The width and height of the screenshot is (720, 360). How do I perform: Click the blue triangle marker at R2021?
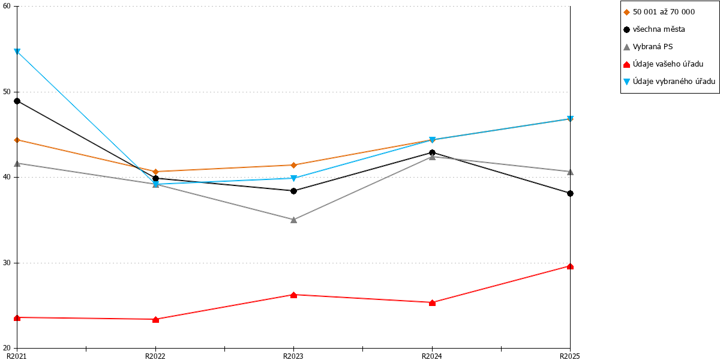click(17, 52)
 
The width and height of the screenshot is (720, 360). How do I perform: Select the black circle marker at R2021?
click(17, 101)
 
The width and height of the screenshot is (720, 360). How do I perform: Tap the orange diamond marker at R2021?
click(17, 140)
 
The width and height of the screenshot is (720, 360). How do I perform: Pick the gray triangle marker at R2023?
click(293, 220)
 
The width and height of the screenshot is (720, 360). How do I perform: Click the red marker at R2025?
click(570, 266)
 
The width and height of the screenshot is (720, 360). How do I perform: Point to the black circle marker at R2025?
click(570, 193)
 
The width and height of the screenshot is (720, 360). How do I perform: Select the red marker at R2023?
click(293, 295)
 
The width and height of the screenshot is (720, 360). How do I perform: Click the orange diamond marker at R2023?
click(293, 165)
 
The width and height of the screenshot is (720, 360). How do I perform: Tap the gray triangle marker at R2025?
click(570, 172)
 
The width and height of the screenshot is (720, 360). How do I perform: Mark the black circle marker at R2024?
click(433, 152)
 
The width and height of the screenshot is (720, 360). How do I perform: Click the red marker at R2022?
click(155, 319)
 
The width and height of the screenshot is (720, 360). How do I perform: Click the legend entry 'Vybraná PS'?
click(648, 47)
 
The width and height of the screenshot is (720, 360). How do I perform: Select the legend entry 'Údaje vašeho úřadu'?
click(664, 64)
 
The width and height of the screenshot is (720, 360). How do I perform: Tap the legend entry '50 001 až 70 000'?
click(659, 12)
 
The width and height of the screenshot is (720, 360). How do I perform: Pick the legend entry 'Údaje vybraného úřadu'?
click(669, 82)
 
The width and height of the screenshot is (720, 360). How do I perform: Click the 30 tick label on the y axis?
click(7, 263)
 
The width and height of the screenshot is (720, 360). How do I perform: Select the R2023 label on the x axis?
click(293, 356)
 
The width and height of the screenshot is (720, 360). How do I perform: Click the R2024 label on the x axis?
click(432, 356)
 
